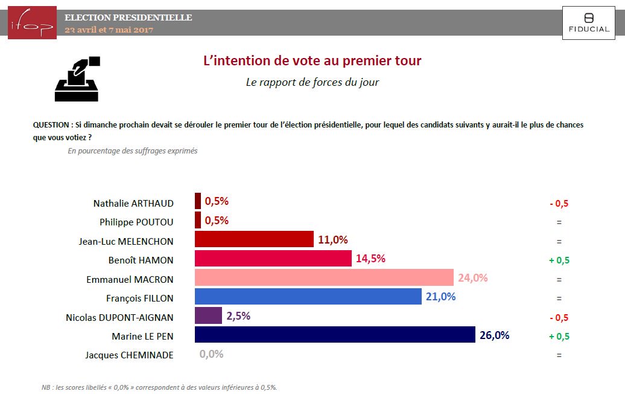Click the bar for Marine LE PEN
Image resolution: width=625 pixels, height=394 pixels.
(x=335, y=335)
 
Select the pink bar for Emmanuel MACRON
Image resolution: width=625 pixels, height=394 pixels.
(x=324, y=278)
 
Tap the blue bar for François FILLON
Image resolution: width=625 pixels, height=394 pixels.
(x=308, y=297)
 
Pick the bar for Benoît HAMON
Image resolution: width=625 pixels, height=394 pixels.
(x=273, y=259)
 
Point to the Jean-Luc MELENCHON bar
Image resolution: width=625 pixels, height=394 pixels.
(x=254, y=239)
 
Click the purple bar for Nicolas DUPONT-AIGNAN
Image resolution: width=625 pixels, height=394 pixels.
(x=208, y=315)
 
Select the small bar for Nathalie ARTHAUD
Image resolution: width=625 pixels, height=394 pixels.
(x=198, y=201)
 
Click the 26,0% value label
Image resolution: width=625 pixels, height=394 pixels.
(x=494, y=335)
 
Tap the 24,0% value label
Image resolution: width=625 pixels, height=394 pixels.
(x=472, y=278)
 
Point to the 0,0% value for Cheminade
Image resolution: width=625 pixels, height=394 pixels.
(x=211, y=354)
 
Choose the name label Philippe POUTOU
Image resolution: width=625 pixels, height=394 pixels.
(x=136, y=222)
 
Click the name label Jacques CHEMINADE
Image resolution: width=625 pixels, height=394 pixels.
(x=129, y=355)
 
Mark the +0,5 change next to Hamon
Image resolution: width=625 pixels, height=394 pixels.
(x=559, y=260)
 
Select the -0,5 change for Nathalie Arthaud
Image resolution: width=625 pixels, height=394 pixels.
(x=559, y=203)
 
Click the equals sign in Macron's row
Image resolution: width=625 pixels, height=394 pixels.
(x=559, y=280)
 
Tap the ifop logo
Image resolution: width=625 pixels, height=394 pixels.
(x=32, y=23)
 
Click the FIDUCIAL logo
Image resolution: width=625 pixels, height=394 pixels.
(x=589, y=23)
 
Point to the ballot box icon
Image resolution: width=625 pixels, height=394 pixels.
(x=77, y=79)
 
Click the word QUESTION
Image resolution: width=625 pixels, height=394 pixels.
(x=51, y=125)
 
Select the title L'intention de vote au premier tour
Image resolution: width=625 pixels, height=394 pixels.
(x=312, y=61)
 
